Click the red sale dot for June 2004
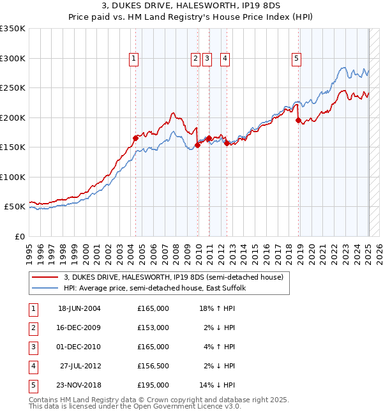135,138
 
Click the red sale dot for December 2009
198,145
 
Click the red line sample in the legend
45,277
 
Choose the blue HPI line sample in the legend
45,288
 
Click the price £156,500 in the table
153,366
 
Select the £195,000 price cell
153,385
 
